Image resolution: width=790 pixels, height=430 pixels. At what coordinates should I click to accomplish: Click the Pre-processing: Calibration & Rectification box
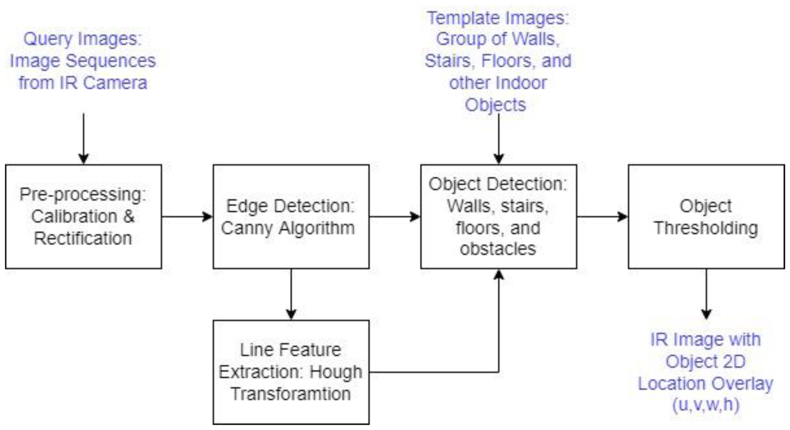tap(83, 216)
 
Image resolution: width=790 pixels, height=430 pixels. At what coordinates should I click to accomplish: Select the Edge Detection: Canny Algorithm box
tap(291, 216)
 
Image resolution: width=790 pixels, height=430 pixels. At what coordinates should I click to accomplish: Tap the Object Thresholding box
tap(706, 216)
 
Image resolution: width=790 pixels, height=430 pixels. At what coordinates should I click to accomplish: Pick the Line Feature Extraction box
tap(291, 372)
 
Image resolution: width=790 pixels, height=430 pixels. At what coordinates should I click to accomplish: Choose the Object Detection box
tap(498, 216)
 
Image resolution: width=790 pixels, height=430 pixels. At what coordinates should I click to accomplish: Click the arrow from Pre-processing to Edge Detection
tap(187, 216)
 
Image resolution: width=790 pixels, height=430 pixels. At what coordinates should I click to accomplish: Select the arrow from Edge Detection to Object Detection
tap(395, 216)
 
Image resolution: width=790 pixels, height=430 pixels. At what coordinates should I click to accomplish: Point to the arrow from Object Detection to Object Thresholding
tap(602, 216)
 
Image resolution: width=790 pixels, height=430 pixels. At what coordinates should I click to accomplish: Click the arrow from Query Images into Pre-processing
tap(83, 138)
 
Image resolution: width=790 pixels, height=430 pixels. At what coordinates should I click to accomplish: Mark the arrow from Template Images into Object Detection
tap(498, 138)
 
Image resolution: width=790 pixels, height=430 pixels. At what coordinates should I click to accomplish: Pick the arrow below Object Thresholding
tap(706, 294)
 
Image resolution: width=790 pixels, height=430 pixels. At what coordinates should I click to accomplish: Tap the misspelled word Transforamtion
tap(291, 394)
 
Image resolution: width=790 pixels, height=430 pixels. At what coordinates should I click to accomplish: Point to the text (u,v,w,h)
tap(706, 404)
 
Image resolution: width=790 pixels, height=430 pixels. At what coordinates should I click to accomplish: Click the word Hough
tap(336, 372)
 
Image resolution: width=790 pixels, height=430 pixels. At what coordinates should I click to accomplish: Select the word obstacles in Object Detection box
tap(498, 249)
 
